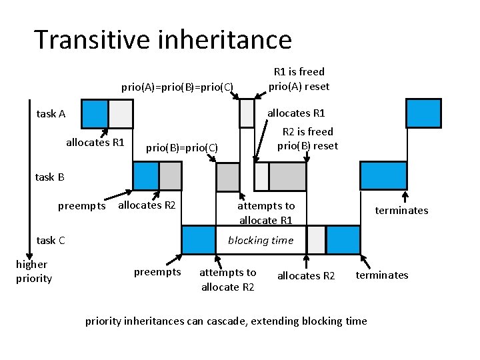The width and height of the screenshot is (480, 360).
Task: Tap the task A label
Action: (x=51, y=113)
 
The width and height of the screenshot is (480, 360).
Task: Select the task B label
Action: (x=49, y=177)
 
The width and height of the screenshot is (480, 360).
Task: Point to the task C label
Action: (x=51, y=240)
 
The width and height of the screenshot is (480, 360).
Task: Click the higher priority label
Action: (x=33, y=271)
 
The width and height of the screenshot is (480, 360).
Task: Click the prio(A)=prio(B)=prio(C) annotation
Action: (x=177, y=87)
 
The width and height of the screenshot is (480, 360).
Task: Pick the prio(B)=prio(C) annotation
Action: (x=181, y=147)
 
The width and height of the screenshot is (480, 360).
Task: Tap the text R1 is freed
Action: (x=299, y=71)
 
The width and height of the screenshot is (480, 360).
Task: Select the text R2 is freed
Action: (x=308, y=131)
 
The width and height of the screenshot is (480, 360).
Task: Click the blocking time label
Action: (x=260, y=240)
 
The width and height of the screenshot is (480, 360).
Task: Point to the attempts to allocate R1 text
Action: (x=266, y=213)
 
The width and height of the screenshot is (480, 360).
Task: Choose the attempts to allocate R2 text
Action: (x=227, y=279)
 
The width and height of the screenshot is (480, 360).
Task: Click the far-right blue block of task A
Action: (x=423, y=113)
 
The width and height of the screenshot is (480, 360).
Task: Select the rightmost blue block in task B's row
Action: (x=383, y=176)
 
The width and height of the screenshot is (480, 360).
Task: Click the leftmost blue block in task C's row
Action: (x=199, y=240)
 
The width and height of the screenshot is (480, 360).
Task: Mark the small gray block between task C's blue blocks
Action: (x=316, y=240)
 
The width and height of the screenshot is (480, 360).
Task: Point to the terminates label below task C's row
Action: (x=381, y=275)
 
